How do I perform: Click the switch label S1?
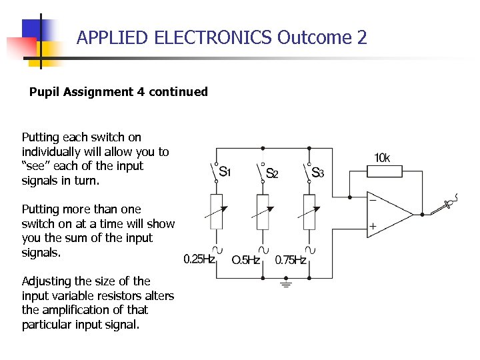click(225, 171)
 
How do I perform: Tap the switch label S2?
click(272, 173)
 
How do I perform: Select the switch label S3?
click(317, 173)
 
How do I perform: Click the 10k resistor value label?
click(382, 158)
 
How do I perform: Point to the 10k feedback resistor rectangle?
click(385, 172)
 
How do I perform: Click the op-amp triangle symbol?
click(390, 213)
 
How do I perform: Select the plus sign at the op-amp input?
click(373, 227)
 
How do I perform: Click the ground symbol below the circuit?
click(287, 285)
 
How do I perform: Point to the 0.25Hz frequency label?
click(199, 259)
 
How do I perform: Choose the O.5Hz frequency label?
click(245, 260)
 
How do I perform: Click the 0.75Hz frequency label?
click(291, 259)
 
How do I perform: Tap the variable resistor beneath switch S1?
click(217, 212)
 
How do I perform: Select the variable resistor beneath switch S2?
click(263, 212)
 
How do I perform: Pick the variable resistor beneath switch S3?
click(309, 212)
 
